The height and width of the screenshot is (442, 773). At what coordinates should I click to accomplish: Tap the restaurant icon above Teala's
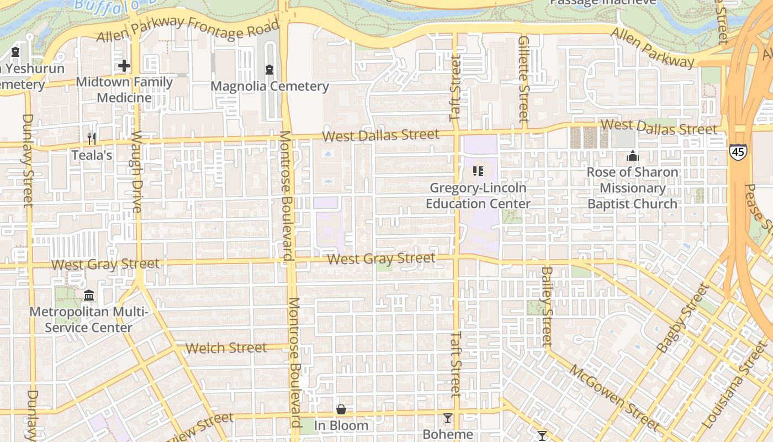pos(92,138)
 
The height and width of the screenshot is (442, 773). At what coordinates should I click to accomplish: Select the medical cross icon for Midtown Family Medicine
pos(124,66)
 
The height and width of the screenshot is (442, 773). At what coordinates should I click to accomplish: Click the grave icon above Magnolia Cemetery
pos(269,70)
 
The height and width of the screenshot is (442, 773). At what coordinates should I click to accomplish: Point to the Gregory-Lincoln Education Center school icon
pos(478,171)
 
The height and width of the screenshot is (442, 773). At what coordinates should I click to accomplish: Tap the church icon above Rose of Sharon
pos(633,156)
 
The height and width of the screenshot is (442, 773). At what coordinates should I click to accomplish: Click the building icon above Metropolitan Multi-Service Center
pos(89,296)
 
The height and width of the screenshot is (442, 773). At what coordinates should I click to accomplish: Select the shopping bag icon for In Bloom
pos(341,409)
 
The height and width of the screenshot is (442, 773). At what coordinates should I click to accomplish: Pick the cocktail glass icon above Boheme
pos(448,418)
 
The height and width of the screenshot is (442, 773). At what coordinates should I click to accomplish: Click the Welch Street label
pos(226,348)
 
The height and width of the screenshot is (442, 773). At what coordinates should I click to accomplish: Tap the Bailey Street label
pos(547,307)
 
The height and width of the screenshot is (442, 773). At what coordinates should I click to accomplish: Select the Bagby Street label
pos(682,318)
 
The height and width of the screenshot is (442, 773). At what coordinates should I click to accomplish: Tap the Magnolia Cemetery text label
pos(269,86)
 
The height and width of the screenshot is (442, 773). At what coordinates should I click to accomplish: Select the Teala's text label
pos(92,155)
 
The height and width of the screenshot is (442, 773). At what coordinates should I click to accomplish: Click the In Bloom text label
pos(341,425)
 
